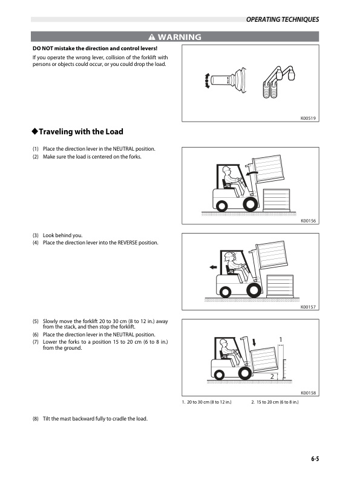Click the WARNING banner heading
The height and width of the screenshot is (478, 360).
[175, 37]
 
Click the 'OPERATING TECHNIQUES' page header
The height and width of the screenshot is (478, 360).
[283, 20]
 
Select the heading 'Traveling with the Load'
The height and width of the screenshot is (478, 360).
[77, 131]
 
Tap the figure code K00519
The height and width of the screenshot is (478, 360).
[309, 118]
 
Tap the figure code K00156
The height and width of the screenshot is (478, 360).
[309, 221]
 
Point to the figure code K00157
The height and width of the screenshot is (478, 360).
[309, 307]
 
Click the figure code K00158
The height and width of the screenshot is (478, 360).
[309, 393]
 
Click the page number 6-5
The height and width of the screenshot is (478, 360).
[311, 459]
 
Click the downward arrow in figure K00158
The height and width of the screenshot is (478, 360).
[255, 342]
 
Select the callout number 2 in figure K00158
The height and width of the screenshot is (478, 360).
[272, 376]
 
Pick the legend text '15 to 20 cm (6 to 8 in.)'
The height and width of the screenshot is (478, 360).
[278, 402]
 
